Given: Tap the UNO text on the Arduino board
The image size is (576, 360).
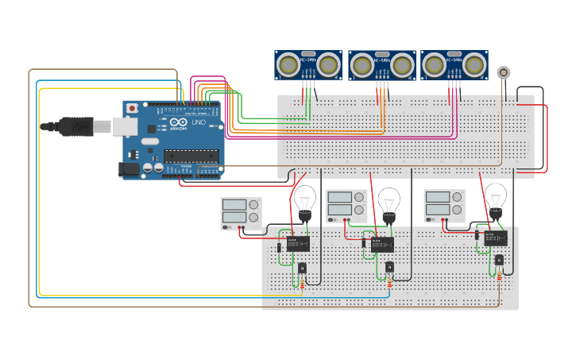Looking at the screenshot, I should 199,123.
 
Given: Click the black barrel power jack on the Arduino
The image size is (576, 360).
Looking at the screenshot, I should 127,168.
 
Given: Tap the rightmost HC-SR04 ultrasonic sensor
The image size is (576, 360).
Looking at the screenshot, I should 454,65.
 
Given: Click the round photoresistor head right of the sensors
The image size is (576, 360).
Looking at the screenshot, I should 503,72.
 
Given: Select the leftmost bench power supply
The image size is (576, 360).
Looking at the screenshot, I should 242,212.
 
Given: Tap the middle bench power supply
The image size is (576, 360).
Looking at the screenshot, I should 347,205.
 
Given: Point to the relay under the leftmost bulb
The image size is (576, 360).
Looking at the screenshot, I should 299,245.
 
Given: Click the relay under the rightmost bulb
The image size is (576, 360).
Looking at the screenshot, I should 496,238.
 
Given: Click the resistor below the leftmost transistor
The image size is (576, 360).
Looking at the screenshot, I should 302,283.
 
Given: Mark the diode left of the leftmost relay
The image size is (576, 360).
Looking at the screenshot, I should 279,248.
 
